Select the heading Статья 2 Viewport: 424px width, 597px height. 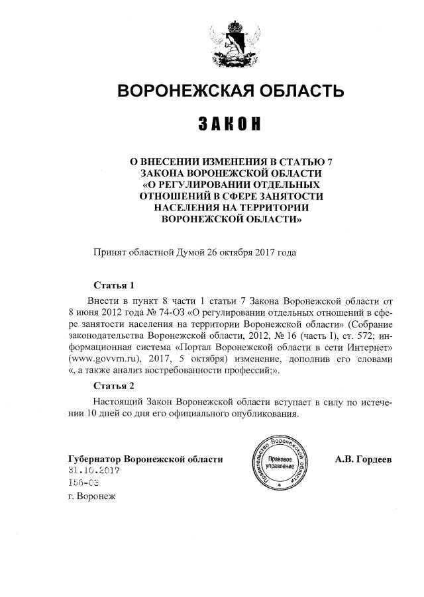pos(114,385)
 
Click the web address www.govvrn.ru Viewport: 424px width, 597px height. pos(104,359)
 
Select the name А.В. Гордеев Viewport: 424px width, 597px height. pos(363,458)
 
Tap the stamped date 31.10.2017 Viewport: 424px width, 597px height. pos(93,471)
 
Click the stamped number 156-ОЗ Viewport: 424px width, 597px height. pos(83,483)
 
